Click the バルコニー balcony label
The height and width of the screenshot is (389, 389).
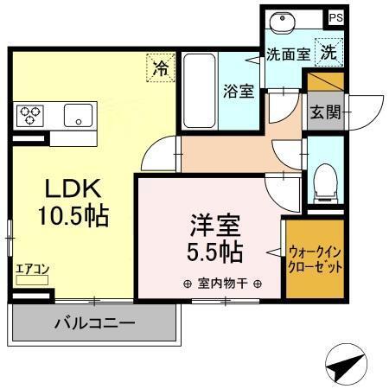coord(94,325)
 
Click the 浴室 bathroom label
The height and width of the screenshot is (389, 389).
coord(238,90)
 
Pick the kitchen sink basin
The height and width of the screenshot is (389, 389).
coord(78,115)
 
